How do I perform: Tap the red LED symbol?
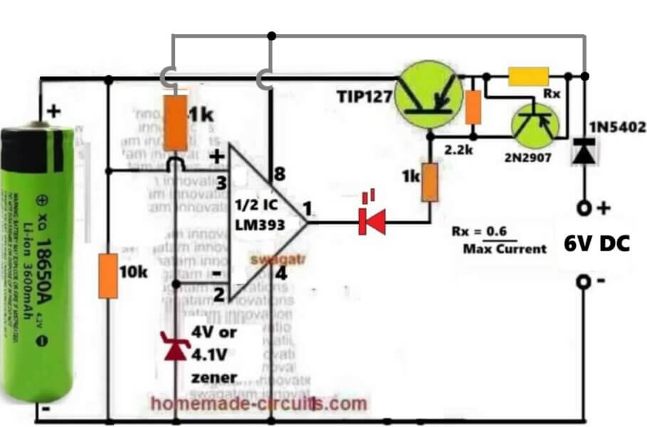coord(372,221)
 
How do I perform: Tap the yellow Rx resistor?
coord(528,75)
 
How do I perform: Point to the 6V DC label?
coord(596,245)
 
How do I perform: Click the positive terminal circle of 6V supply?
coord(584,209)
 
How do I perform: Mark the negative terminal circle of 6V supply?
coord(584,283)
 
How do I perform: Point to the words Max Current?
coord(504,248)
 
